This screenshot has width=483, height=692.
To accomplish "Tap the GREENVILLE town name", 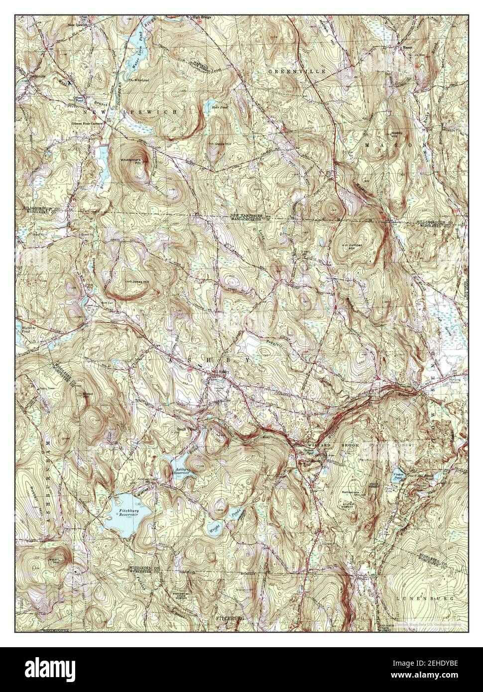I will [x=297, y=72].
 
